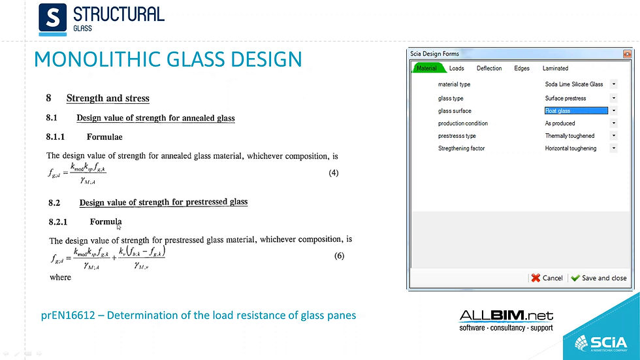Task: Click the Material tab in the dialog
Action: (x=427, y=68)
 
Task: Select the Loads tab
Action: (x=456, y=68)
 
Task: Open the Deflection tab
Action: (x=489, y=68)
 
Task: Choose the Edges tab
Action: (x=522, y=68)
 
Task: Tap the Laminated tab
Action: (x=555, y=68)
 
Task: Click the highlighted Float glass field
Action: (x=575, y=111)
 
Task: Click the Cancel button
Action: (x=547, y=278)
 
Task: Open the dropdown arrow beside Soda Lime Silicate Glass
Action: (x=614, y=84)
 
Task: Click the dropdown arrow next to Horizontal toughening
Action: (x=614, y=148)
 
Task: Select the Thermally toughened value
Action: (x=569, y=136)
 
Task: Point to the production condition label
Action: (x=462, y=123)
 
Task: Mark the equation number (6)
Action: (x=339, y=255)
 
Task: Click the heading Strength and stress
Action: (x=108, y=98)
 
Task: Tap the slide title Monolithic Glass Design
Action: (x=168, y=59)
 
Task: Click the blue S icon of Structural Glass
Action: (x=52, y=18)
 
